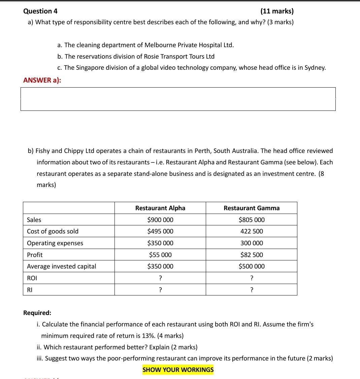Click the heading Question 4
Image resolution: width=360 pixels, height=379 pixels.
point(40,11)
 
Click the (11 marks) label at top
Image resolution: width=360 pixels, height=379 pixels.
point(277,11)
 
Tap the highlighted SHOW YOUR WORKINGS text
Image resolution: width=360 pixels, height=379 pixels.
point(178,370)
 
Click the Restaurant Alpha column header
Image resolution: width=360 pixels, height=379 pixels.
point(160,208)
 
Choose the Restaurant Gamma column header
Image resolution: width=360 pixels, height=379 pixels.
point(252,208)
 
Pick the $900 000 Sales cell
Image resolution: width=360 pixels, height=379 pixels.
point(160,220)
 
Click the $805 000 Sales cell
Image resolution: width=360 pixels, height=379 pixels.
point(252,220)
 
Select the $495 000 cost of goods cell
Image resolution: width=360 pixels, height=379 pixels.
point(160,231)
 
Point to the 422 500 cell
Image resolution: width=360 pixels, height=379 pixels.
point(252,231)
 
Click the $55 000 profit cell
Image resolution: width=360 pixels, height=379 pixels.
point(160,255)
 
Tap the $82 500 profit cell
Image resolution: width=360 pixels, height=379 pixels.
point(252,255)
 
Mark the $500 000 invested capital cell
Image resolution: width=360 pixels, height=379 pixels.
point(252,266)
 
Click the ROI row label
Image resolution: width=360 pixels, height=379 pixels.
point(32,278)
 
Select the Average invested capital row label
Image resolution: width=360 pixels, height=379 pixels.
point(61,266)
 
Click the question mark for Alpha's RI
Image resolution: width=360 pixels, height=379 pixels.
point(160,290)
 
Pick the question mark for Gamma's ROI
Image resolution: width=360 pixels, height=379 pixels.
point(252,278)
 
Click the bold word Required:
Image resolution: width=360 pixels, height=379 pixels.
point(37,313)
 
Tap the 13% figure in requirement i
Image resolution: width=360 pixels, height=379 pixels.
point(142,336)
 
